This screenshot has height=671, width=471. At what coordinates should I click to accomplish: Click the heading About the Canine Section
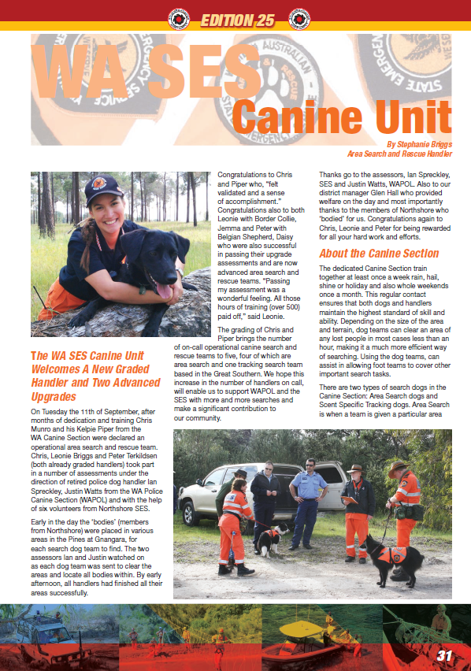pos(379,254)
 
